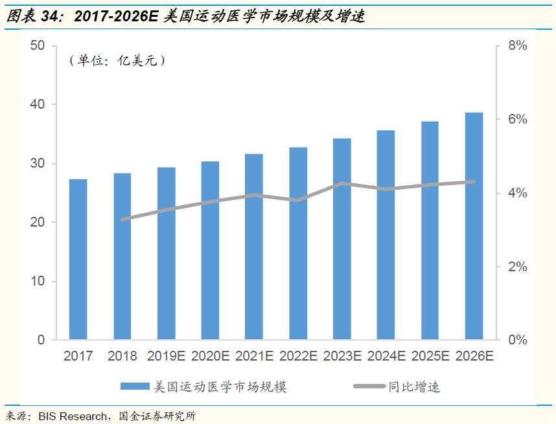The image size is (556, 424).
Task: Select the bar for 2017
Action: [78, 259]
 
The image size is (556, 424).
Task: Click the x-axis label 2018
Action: [122, 356]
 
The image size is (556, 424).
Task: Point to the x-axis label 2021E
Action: [253, 356]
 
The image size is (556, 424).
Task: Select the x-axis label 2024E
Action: [386, 356]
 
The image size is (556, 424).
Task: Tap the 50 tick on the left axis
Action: [37, 45]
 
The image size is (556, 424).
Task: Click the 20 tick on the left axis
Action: [37, 222]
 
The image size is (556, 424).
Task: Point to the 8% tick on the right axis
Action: [517, 46]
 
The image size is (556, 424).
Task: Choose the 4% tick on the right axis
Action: [517, 193]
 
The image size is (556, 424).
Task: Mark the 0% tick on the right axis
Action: [517, 340]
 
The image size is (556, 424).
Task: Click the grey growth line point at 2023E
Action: [342, 184]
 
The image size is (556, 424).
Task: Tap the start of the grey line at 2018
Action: [122, 219]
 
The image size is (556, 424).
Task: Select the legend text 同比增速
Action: [414, 387]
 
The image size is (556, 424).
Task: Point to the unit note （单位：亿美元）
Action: [117, 61]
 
